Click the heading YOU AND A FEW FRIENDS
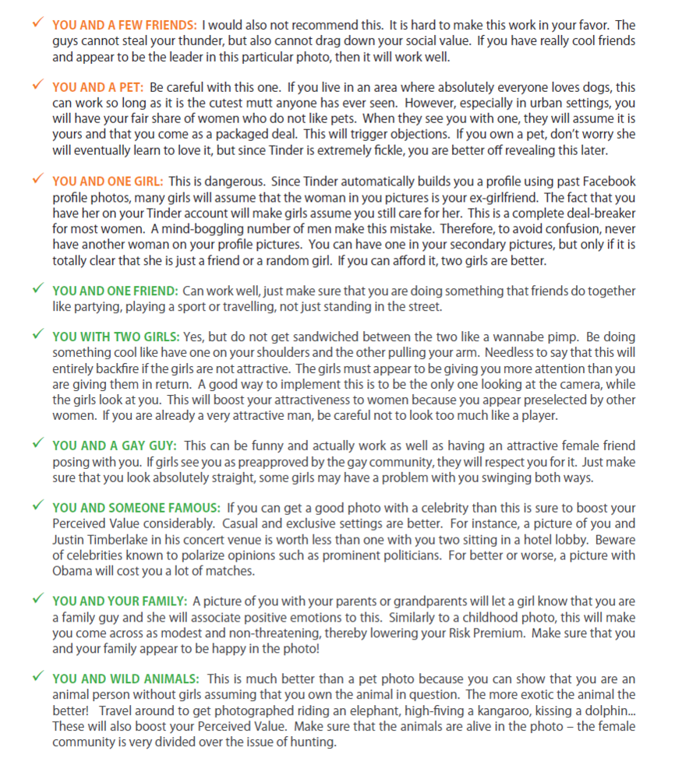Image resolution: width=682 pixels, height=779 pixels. [x=124, y=26]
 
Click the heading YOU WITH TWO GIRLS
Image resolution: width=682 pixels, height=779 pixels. [x=116, y=337]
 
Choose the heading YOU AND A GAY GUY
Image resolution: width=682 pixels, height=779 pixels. [x=115, y=446]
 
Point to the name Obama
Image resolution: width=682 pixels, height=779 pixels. [x=72, y=570]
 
